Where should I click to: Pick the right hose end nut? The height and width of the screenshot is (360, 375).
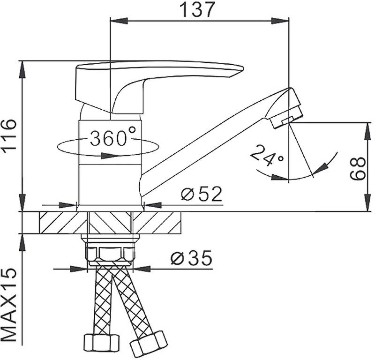(149, 343)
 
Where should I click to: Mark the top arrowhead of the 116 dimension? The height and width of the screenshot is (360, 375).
(22, 65)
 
